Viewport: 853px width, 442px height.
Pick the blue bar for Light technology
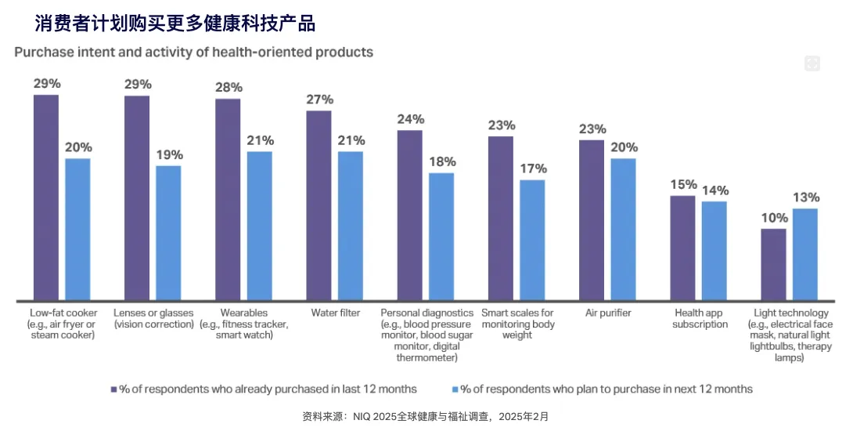point(805,254)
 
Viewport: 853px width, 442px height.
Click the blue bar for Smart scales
point(532,240)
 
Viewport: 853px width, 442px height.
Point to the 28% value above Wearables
point(229,85)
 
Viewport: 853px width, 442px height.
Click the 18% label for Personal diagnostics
point(442,161)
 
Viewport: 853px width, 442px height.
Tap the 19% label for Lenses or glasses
point(169,154)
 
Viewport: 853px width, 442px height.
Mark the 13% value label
point(806,197)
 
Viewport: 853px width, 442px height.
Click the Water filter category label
point(335,313)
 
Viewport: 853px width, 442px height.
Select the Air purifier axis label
point(608,313)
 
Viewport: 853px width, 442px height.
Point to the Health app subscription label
point(700,318)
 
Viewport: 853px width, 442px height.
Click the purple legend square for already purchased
point(113,389)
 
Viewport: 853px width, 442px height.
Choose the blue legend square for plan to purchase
point(454,389)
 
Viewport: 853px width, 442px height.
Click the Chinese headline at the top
point(175,24)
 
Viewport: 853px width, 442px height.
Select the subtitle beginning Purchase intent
point(193,53)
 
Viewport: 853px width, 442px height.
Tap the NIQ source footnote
point(426,417)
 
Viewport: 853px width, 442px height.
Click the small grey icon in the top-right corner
point(812,63)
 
